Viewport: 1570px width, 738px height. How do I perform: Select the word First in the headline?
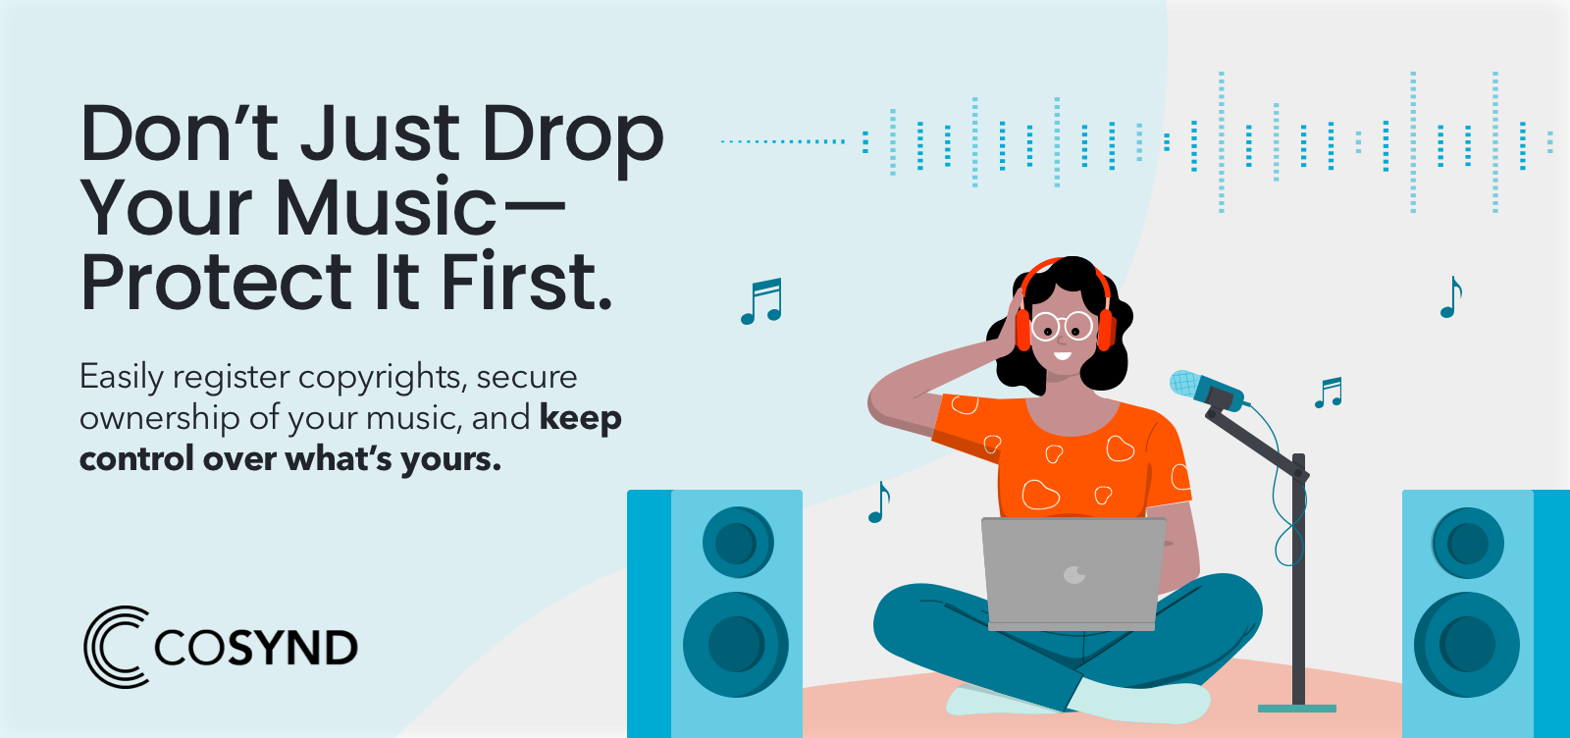click(526, 281)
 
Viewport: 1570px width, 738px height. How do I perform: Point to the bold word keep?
click(580, 419)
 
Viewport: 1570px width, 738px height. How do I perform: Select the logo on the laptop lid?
click(1073, 575)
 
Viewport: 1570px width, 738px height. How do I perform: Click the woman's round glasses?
click(1063, 326)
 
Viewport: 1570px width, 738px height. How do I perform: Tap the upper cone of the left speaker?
click(737, 543)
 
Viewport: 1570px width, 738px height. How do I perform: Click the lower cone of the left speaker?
click(736, 645)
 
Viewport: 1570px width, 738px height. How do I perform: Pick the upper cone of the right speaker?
click(1468, 543)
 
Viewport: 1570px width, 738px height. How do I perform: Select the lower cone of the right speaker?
click(1467, 645)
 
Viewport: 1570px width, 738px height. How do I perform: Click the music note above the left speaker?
click(879, 502)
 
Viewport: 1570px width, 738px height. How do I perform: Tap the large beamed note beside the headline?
click(761, 301)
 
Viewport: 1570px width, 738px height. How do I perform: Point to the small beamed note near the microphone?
click(1329, 393)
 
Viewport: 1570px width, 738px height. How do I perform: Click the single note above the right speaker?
click(1451, 297)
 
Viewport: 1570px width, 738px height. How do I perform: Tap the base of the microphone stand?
click(1296, 709)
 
